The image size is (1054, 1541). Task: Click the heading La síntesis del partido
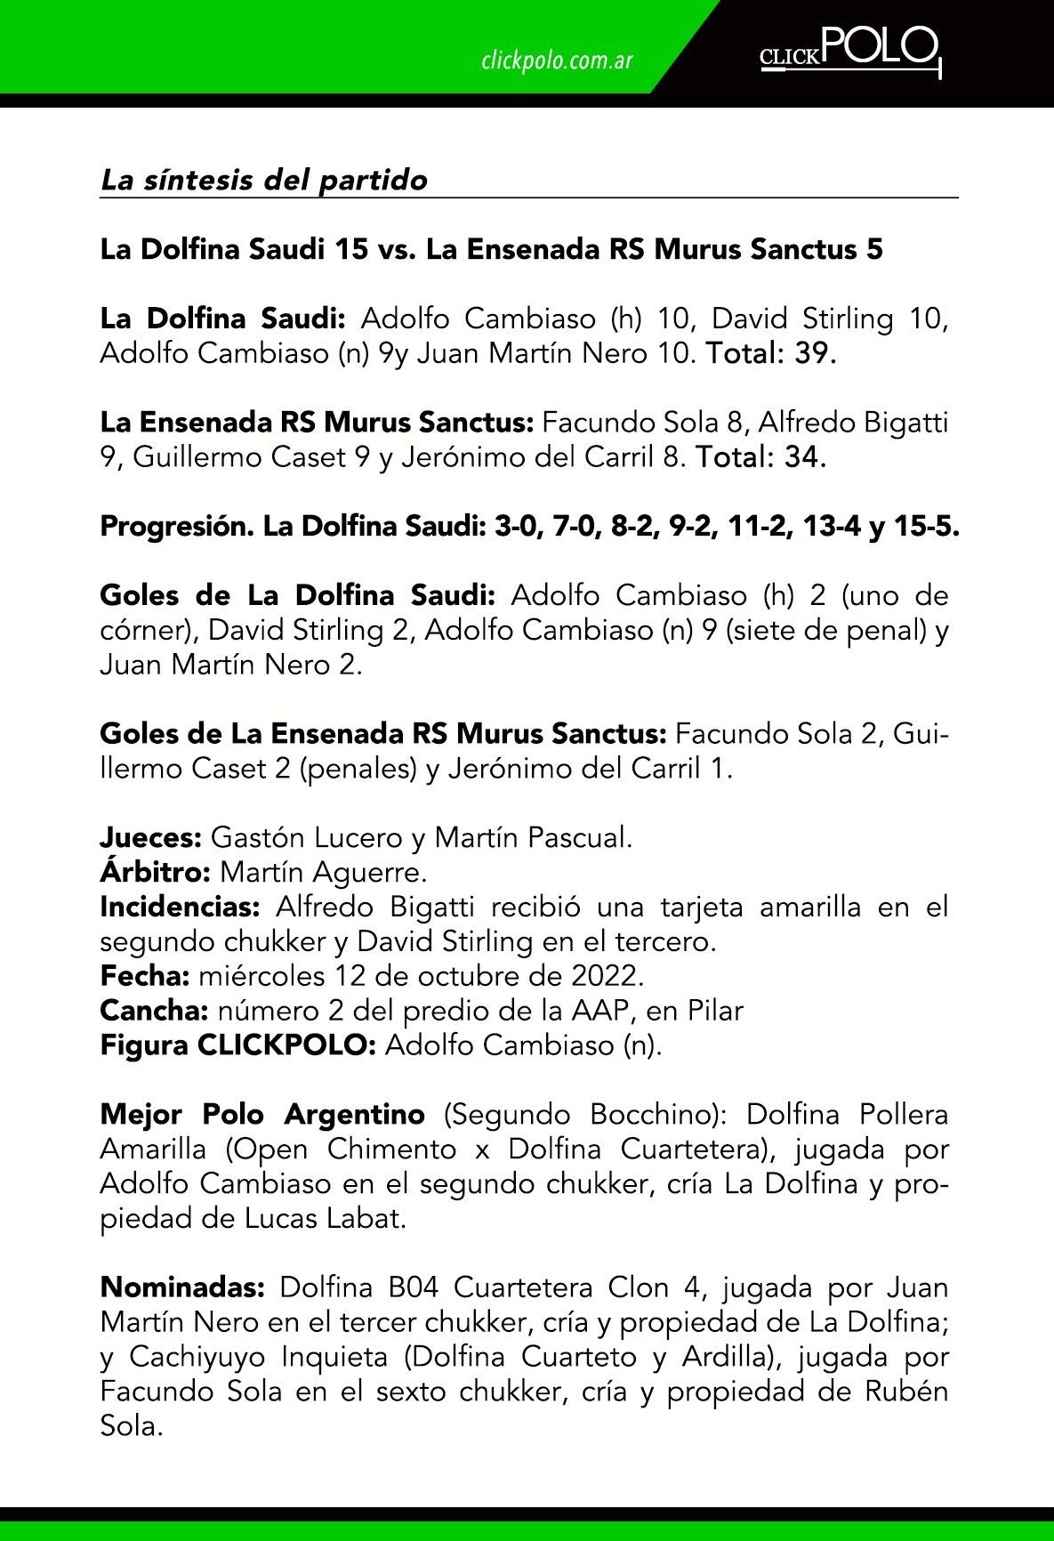pyautogui.click(x=264, y=181)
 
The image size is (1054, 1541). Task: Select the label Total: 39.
pyautogui.click(x=770, y=354)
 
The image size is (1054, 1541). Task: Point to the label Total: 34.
pyautogui.click(x=761, y=458)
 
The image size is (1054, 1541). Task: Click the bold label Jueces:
pyautogui.click(x=152, y=837)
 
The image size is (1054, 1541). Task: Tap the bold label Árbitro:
pyautogui.click(x=156, y=872)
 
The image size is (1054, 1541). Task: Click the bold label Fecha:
pyautogui.click(x=145, y=976)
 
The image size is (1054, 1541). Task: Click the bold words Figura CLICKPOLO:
pyautogui.click(x=239, y=1045)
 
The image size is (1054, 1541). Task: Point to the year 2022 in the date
pyautogui.click(x=609, y=976)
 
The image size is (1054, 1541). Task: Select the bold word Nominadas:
pyautogui.click(x=183, y=1287)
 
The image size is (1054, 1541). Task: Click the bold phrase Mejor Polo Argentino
pyautogui.click(x=262, y=1114)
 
